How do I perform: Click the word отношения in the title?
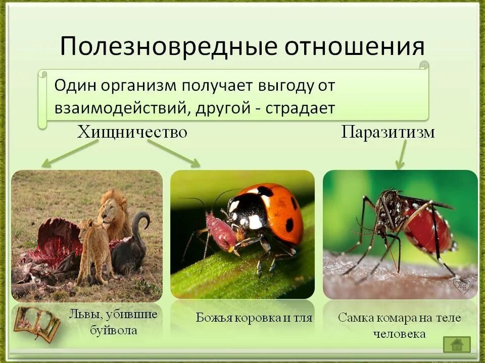pos(353,46)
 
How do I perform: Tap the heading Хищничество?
pos(132,132)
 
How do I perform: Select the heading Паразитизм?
pos(388,132)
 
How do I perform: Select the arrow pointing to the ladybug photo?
pos(174,153)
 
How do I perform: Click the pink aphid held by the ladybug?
pos(220,232)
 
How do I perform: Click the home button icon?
pos(457,344)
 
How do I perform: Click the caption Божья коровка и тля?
pos(254,318)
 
